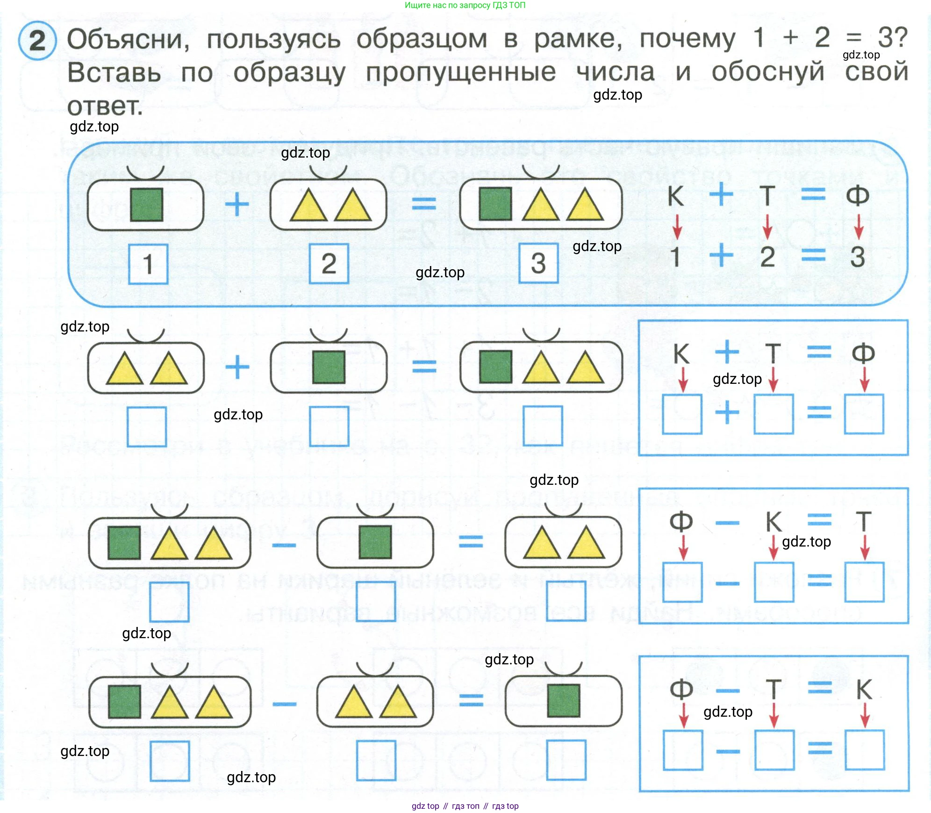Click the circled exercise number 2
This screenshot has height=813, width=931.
pyautogui.click(x=37, y=41)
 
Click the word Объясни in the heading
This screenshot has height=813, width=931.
pyautogui.click(x=128, y=39)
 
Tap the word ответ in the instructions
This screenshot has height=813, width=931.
pyautogui.click(x=105, y=106)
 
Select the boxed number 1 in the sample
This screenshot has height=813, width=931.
pyautogui.click(x=148, y=264)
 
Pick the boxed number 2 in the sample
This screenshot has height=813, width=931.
pyautogui.click(x=329, y=263)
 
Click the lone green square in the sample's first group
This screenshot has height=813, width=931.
pyautogui.click(x=147, y=205)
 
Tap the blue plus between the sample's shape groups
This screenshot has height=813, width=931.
pyautogui.click(x=237, y=204)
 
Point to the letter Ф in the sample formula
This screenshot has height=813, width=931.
pyautogui.click(x=858, y=195)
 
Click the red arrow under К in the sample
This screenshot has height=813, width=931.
pyautogui.click(x=677, y=227)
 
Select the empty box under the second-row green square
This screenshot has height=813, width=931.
pyautogui.click(x=329, y=426)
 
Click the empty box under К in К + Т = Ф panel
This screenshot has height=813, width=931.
pyautogui.click(x=682, y=414)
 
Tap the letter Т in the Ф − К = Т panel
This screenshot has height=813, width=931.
pyautogui.click(x=863, y=522)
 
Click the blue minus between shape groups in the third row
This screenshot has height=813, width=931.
pyautogui.click(x=284, y=545)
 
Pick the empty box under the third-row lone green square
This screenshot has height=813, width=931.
pyautogui.click(x=375, y=601)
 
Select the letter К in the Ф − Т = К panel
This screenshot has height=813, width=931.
pyautogui.click(x=864, y=689)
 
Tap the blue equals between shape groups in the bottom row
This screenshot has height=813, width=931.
pyautogui.click(x=471, y=701)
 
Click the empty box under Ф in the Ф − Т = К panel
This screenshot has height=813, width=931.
pyautogui.click(x=683, y=750)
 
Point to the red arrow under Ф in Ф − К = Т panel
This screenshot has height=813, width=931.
pyautogui.click(x=683, y=547)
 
